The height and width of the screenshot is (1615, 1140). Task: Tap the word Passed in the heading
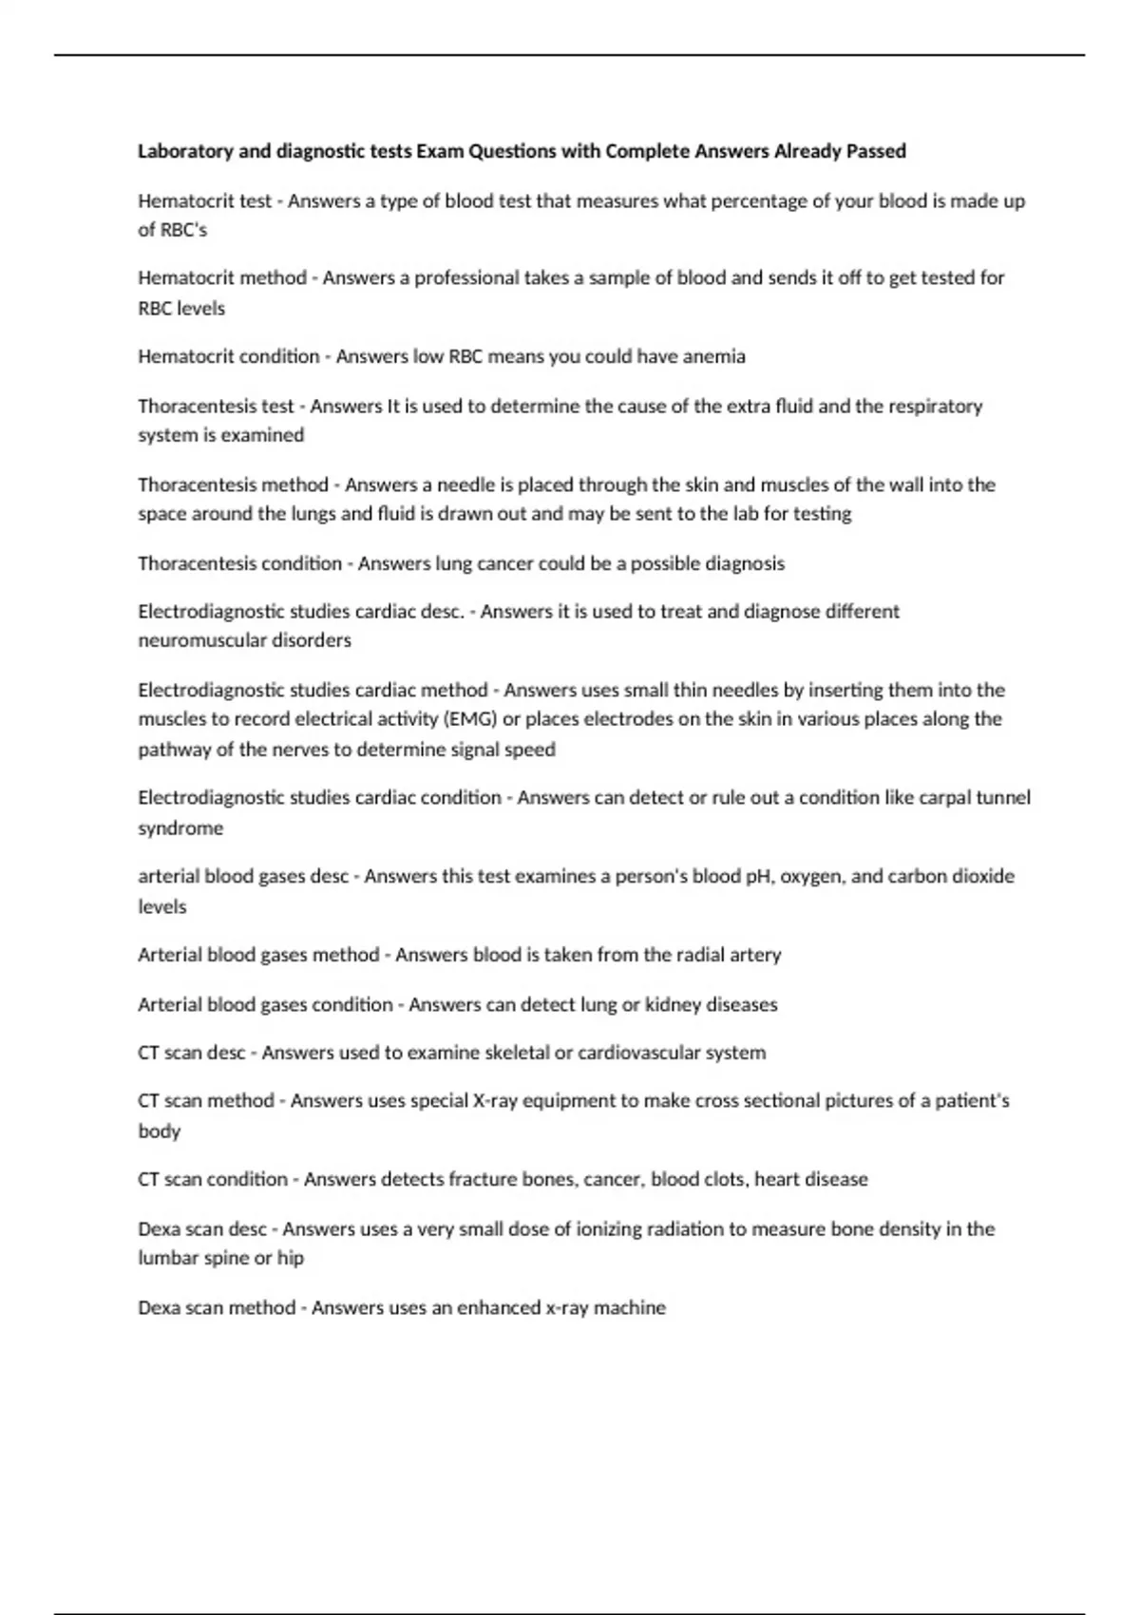pyautogui.click(x=876, y=151)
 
